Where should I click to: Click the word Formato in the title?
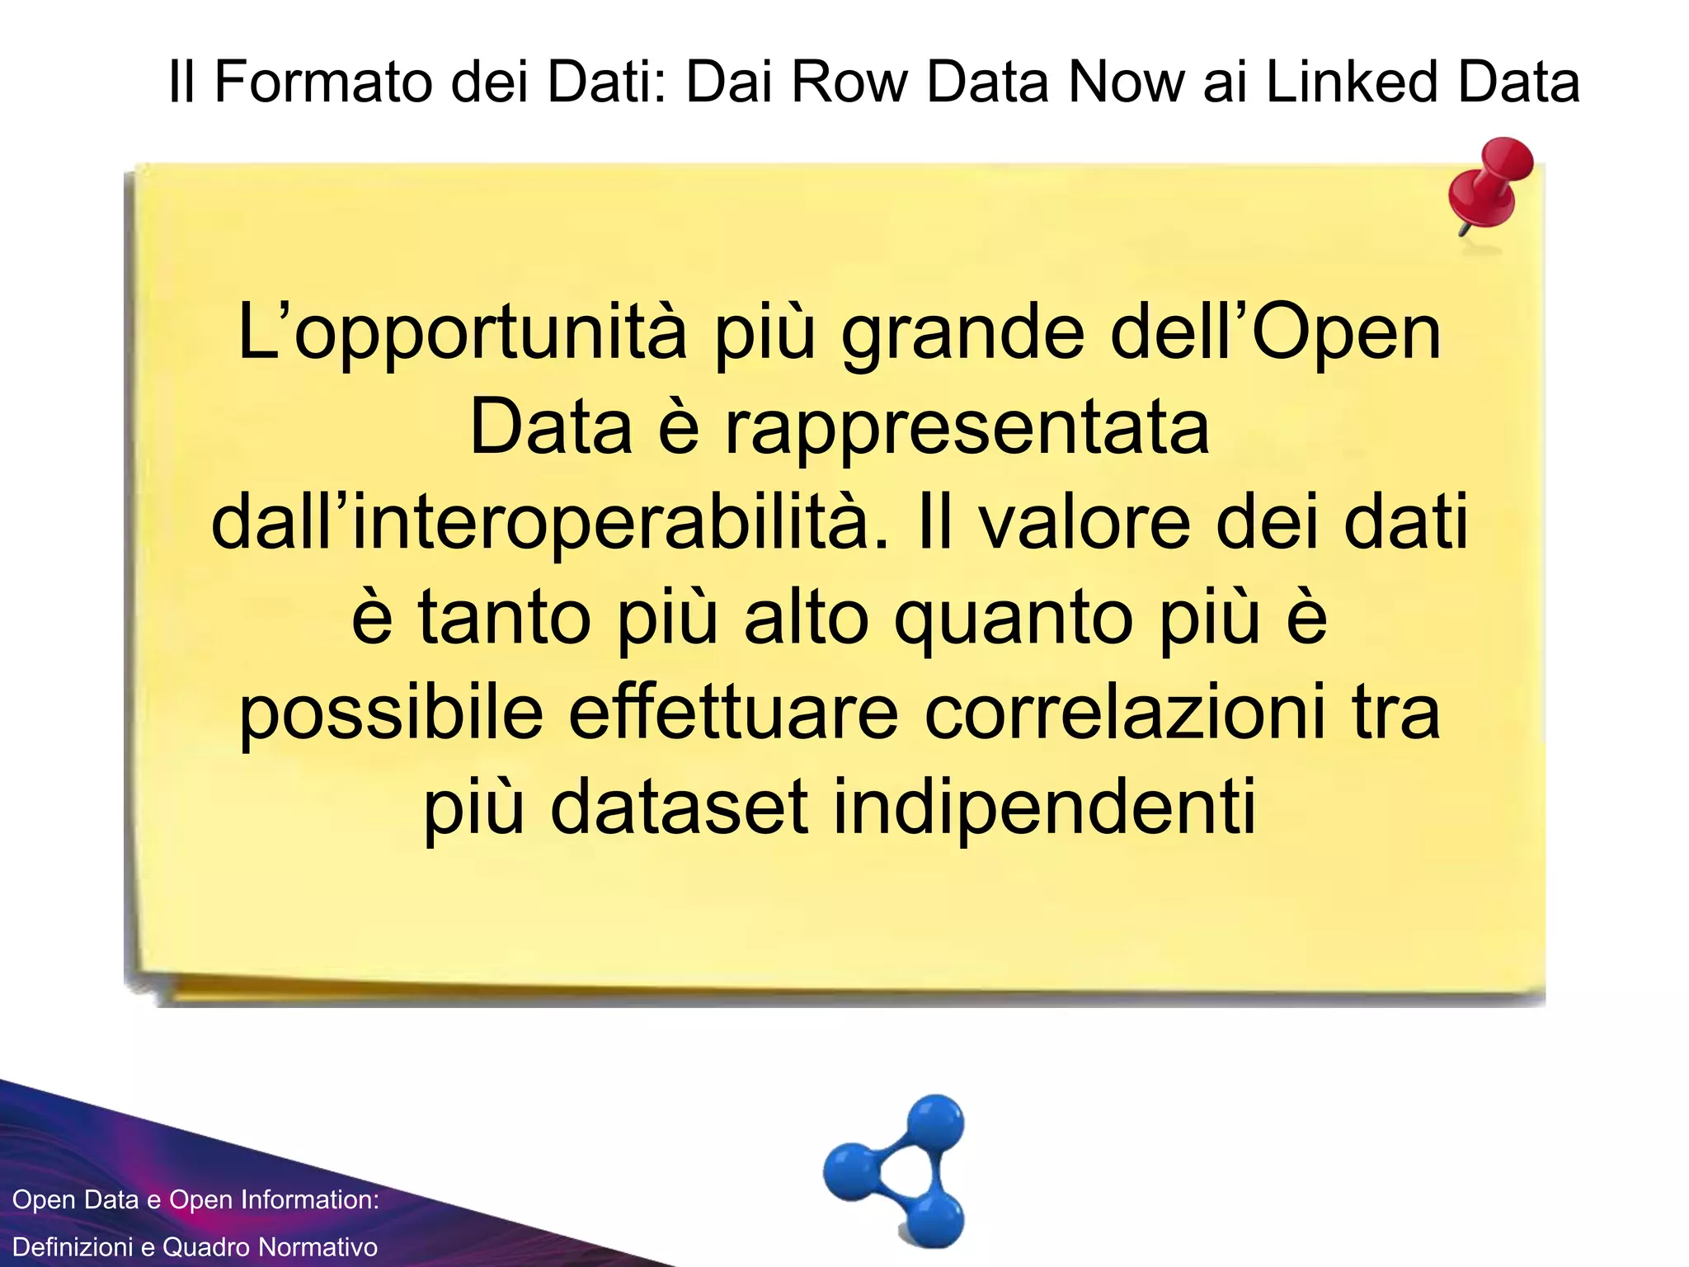point(322,82)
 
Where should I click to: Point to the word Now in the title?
point(1125,82)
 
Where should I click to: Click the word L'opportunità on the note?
point(462,334)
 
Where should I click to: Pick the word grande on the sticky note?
point(962,334)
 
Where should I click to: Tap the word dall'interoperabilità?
point(551,524)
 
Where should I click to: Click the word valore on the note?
point(1085,524)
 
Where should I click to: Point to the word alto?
point(807,619)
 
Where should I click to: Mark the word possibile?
point(392,714)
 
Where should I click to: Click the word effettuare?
point(734,714)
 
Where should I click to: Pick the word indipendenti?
point(1045,808)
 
